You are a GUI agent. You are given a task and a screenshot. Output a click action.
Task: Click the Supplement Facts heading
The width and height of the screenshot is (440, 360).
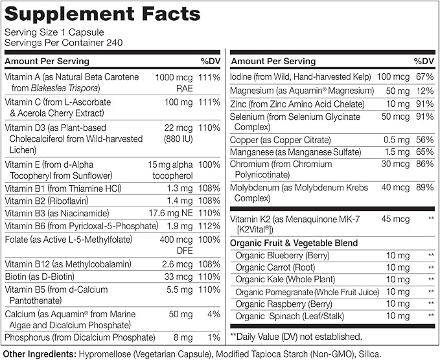click(x=111, y=14)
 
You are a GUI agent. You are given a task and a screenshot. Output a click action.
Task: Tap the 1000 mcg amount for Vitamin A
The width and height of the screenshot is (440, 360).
click(x=172, y=77)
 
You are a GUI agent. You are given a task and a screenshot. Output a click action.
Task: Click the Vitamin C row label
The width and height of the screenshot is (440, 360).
click(x=58, y=102)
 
